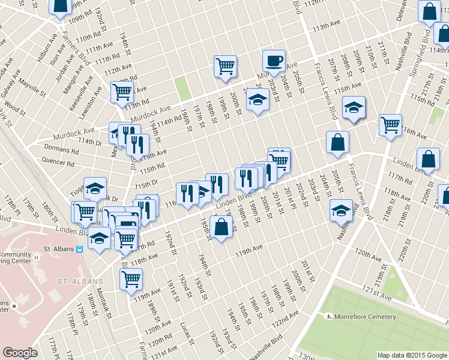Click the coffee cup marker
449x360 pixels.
pos(274,61)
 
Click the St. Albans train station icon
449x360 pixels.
pos(80,249)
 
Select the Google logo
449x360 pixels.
pos(20,353)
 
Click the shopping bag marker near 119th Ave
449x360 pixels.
pos(221,227)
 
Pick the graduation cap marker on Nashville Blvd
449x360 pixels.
pos(341,211)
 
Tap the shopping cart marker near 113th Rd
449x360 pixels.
pos(122,92)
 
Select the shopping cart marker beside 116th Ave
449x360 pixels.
pos(390,125)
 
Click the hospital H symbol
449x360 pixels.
pos(36,257)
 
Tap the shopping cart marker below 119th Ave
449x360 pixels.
pos(130,279)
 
